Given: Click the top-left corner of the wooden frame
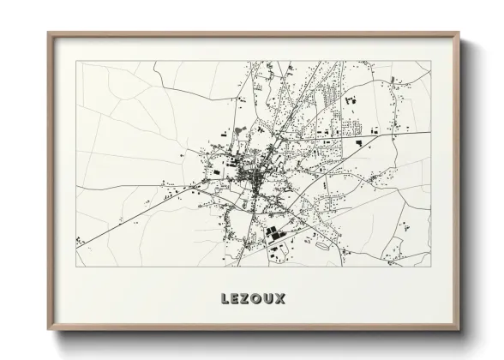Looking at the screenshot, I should coord(48,33).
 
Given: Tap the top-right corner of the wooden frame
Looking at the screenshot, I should coord(459,33).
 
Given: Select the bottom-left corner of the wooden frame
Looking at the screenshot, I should coord(48,332).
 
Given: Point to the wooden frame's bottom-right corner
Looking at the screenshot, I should coord(459,332).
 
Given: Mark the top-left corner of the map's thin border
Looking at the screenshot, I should coord(75,61).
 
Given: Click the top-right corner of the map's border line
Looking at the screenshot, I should coord(430,61).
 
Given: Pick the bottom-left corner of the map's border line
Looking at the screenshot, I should coord(75,267).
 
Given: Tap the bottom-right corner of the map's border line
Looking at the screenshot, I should coord(430,267).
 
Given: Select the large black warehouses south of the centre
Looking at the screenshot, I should coord(273,232).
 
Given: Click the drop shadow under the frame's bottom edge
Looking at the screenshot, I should coord(257,339).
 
